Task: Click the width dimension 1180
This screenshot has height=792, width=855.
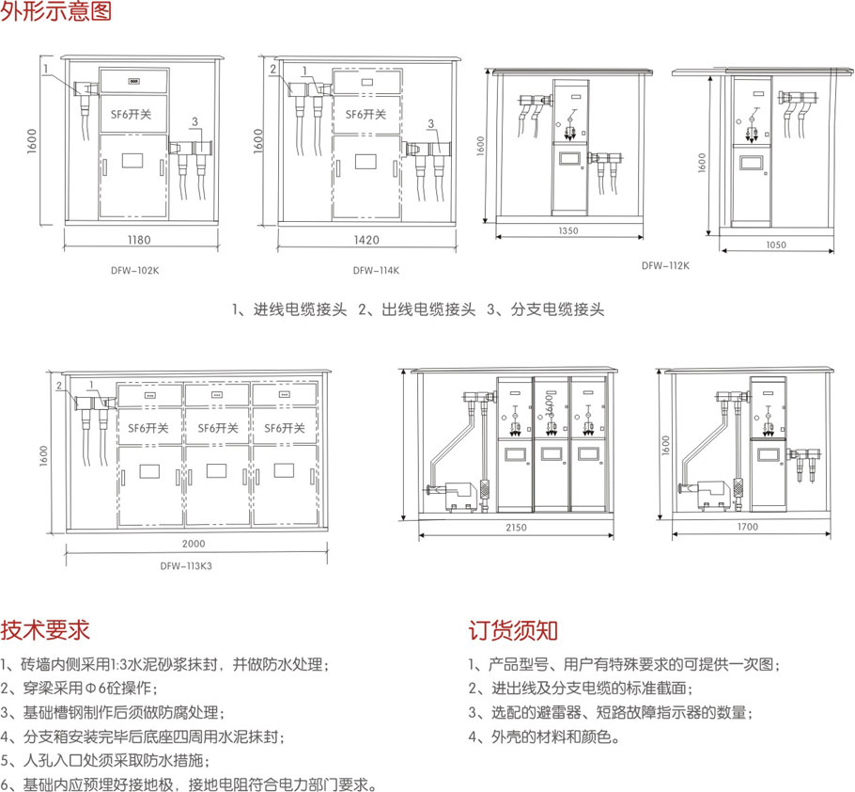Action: point(139,241)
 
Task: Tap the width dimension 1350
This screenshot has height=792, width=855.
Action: point(567,230)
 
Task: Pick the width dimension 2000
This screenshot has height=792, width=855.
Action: point(194,544)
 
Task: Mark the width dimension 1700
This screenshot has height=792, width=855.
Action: point(748,528)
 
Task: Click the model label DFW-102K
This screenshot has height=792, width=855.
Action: point(134,270)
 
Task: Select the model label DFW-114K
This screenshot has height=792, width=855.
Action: point(376,270)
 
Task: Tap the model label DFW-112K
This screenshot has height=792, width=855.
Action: point(665,265)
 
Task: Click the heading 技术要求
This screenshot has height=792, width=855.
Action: point(46,628)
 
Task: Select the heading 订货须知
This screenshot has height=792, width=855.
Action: point(513,628)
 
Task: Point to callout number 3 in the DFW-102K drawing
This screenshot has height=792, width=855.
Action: point(194,123)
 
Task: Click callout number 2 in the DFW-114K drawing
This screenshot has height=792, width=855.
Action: point(272,70)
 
